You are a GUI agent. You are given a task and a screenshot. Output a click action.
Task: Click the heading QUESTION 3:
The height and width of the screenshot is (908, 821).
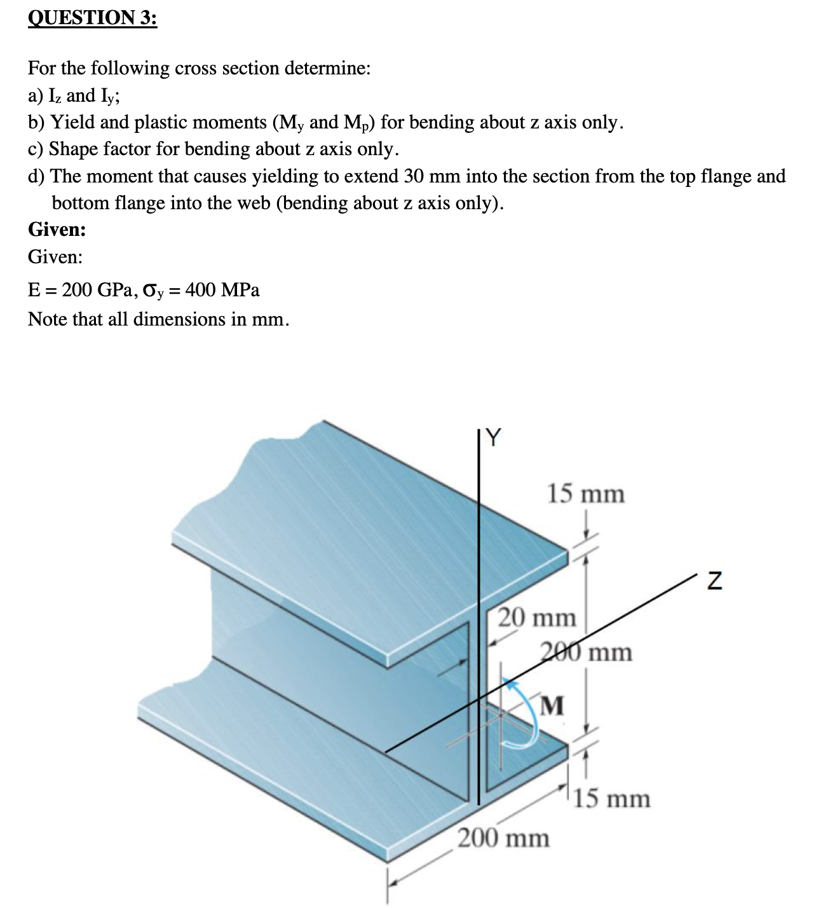coord(92,18)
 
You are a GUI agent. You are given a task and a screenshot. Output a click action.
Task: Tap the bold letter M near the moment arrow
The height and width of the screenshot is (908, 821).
coord(553,705)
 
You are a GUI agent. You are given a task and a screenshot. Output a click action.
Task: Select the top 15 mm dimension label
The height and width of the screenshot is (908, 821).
coord(586,493)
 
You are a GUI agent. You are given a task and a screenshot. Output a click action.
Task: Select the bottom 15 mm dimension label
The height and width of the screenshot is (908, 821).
coord(612,799)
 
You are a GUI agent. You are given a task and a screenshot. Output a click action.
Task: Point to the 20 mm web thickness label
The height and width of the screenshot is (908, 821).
coord(536,617)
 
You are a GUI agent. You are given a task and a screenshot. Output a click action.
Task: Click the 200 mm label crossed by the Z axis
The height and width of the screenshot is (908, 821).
coord(587,652)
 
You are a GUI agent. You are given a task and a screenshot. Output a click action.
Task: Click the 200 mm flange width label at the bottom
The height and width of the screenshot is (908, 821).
coord(504,838)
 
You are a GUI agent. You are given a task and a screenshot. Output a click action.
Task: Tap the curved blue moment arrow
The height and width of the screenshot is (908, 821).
coord(531,712)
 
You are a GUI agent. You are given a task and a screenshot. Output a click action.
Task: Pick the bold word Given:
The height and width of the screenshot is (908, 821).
coord(57,230)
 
